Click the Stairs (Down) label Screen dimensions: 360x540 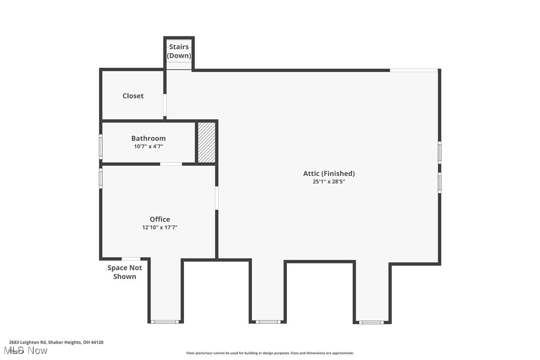179,51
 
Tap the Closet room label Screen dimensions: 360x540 133,96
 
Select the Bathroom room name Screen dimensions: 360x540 148,138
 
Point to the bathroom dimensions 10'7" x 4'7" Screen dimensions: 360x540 148,147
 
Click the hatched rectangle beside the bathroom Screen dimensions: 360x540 207,142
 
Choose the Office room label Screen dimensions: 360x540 160,219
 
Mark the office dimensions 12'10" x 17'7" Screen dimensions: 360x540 160,228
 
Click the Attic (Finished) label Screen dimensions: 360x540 329,174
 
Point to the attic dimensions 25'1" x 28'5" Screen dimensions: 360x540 329,182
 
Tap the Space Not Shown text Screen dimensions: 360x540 125,272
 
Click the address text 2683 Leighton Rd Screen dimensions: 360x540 56,342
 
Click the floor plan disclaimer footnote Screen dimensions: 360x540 270,353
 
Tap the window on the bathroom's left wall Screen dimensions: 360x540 100,147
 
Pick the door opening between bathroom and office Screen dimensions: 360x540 171,164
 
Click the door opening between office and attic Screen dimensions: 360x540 217,197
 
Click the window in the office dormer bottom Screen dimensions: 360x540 165,322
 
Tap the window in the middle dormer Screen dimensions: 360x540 269,322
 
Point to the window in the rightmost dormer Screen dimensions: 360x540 372,322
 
